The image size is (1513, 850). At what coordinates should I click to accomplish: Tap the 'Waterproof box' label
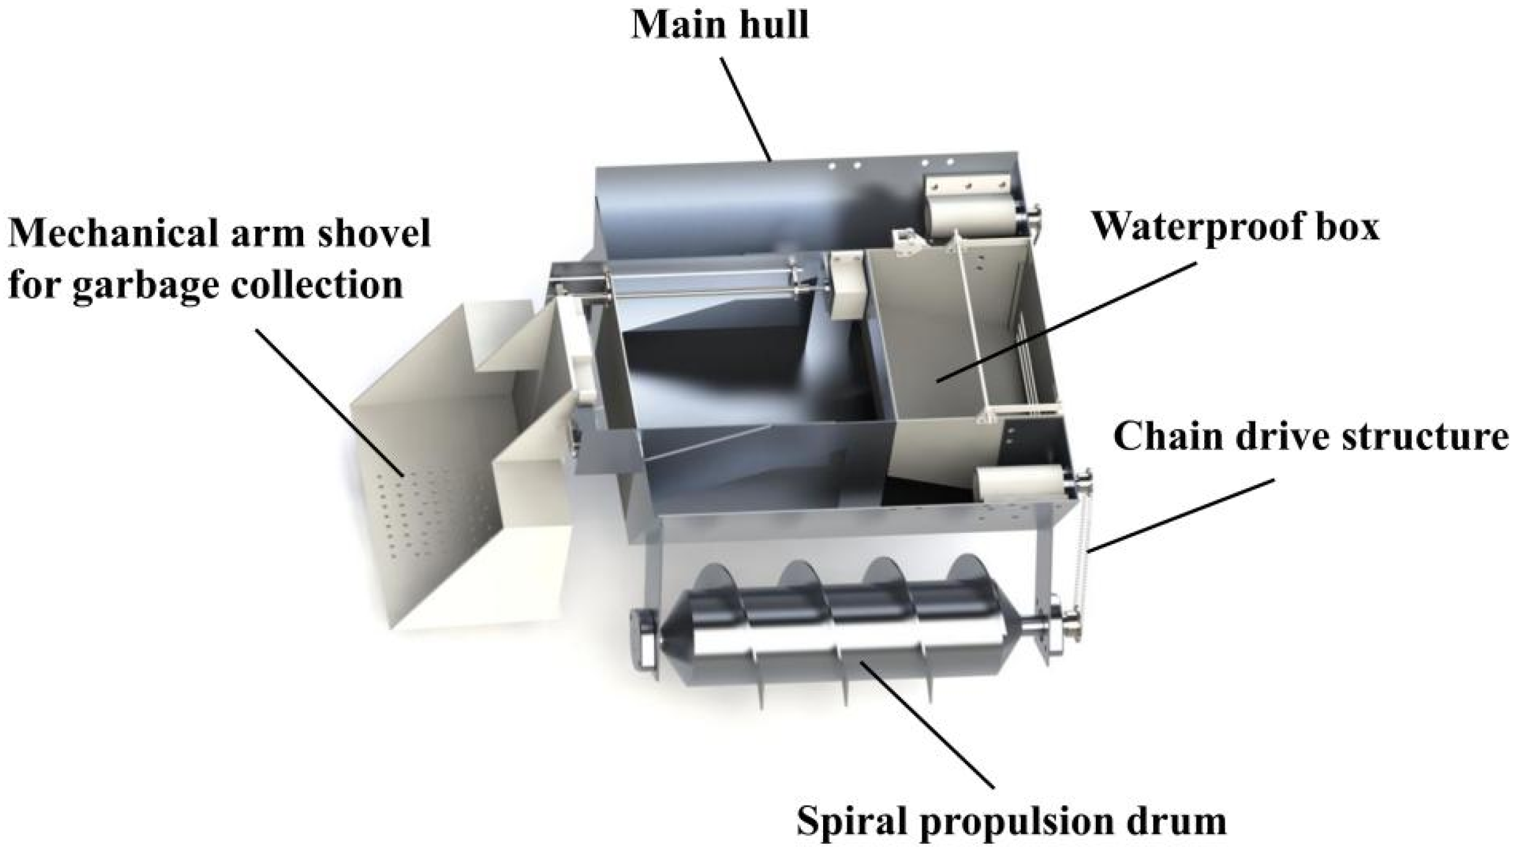pyautogui.click(x=1235, y=227)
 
